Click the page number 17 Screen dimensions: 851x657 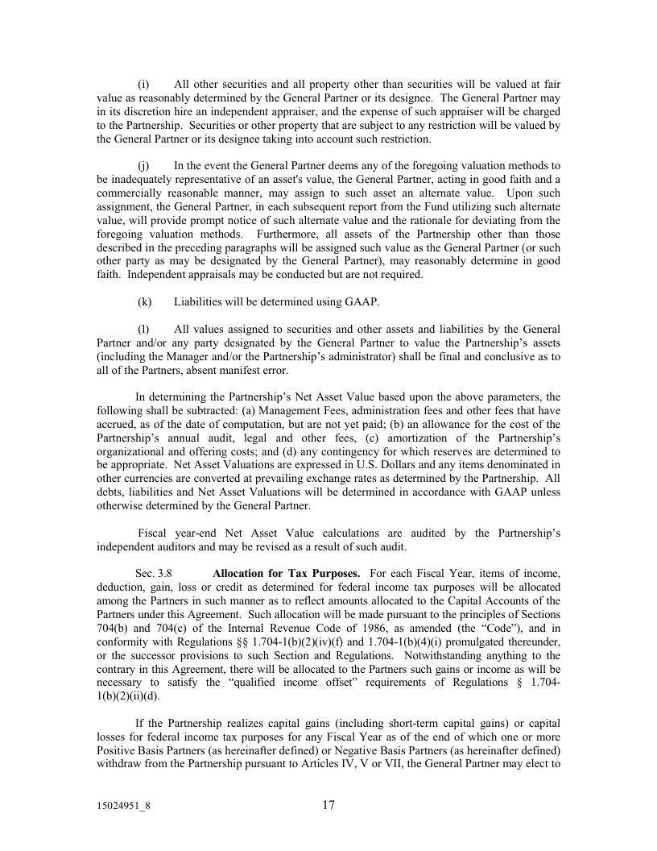[x=328, y=804]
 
